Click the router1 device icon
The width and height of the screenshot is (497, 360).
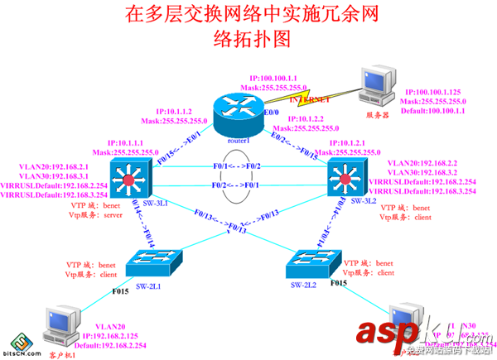click(x=236, y=105)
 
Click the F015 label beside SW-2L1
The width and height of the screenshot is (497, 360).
click(x=120, y=290)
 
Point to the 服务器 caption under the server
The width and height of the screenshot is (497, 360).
click(x=378, y=115)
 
